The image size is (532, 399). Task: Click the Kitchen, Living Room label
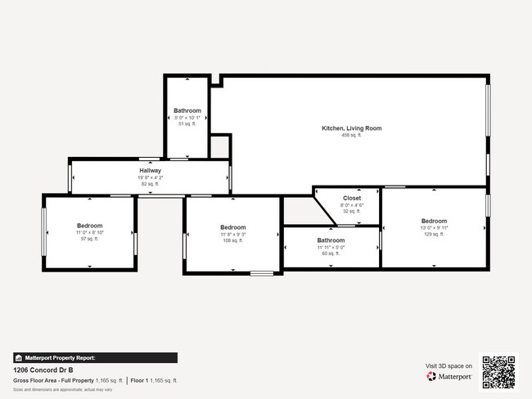coord(351,128)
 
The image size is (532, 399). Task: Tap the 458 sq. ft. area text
coord(351,136)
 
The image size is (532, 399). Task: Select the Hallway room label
coord(150,171)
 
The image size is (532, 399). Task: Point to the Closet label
coord(351,198)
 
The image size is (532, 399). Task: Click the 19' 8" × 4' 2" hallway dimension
coord(150,177)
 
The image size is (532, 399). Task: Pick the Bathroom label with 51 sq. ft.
coord(187,110)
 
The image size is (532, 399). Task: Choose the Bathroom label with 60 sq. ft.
coord(331,240)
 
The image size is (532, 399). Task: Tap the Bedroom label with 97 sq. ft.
coord(90,226)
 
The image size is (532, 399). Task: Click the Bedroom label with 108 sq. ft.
coord(232,227)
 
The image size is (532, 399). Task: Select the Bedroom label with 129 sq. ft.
coord(434,221)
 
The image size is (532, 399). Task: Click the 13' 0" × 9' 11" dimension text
coord(434,227)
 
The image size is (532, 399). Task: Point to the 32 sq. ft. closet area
coord(351,211)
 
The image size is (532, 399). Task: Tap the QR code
coord(499,370)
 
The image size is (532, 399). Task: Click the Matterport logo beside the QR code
coord(449,376)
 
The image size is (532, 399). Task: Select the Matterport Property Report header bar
coord(95,357)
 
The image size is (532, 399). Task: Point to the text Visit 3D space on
coord(449,365)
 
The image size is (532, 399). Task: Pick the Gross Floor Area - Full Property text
coord(54,381)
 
